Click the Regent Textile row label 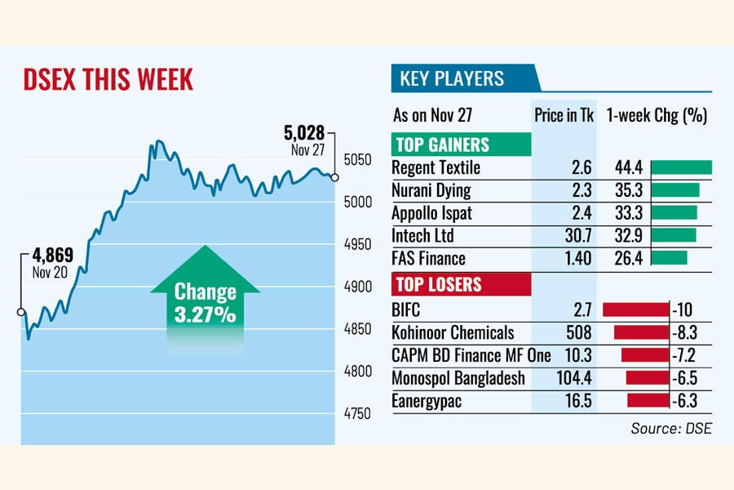pyautogui.click(x=436, y=167)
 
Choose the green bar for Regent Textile pyautogui.click(x=682, y=167)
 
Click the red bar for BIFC pyautogui.click(x=635, y=310)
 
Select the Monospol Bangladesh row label pyautogui.click(x=458, y=378)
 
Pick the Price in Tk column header pyautogui.click(x=564, y=115)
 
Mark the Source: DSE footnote pyautogui.click(x=671, y=428)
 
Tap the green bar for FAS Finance pyautogui.click(x=670, y=258)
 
